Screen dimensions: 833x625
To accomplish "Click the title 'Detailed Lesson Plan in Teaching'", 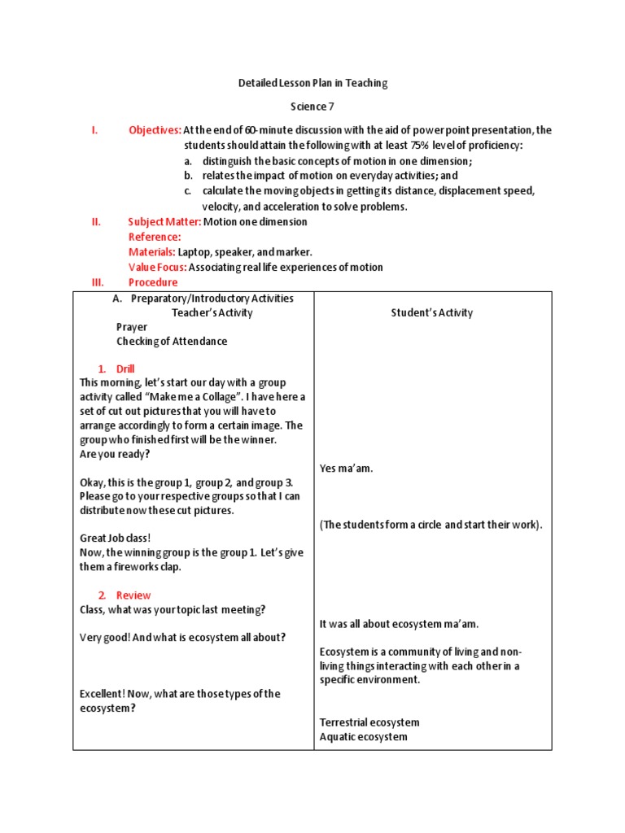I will pyautogui.click(x=312, y=83).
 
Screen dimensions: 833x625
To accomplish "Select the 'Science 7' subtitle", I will pyautogui.click(x=312, y=107).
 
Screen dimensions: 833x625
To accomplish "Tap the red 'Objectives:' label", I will pyautogui.click(x=155, y=130).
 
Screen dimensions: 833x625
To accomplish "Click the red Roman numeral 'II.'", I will pyautogui.click(x=95, y=221).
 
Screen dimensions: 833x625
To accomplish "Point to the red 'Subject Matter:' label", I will pyautogui.click(x=164, y=221).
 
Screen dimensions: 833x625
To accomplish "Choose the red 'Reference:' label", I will pyautogui.click(x=155, y=237).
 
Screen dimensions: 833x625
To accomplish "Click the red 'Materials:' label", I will pyautogui.click(x=151, y=252).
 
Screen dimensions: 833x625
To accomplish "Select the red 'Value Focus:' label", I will pyautogui.click(x=158, y=268).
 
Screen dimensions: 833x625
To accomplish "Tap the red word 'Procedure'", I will pyautogui.click(x=153, y=282).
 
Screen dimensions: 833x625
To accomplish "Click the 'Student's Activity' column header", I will pyautogui.click(x=431, y=313).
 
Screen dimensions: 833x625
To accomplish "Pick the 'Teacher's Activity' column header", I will pyautogui.click(x=212, y=313).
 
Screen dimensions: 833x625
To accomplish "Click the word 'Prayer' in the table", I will pyautogui.click(x=132, y=327).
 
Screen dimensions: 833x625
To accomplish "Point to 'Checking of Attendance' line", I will pyautogui.click(x=172, y=342).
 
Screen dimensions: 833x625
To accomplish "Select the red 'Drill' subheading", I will pyautogui.click(x=125, y=369).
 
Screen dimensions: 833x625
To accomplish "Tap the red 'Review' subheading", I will pyautogui.click(x=133, y=595).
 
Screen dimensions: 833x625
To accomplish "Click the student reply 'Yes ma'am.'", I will pyautogui.click(x=347, y=469).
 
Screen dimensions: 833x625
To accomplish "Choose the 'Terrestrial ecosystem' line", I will pyautogui.click(x=369, y=722).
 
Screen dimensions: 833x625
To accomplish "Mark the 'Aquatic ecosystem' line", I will pyautogui.click(x=364, y=737).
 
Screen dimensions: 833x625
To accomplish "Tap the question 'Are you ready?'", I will pyautogui.click(x=115, y=454).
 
